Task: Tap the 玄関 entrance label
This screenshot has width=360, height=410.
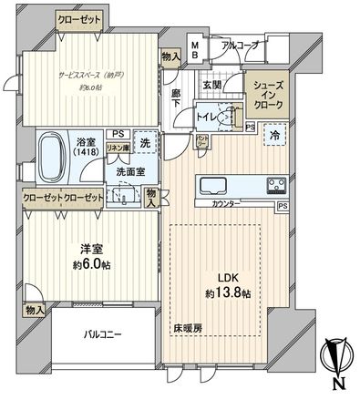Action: click(211, 85)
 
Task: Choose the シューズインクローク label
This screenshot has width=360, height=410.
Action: click(268, 93)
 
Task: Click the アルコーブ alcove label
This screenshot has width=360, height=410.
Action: click(239, 43)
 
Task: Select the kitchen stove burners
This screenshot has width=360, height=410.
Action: click(276, 185)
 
